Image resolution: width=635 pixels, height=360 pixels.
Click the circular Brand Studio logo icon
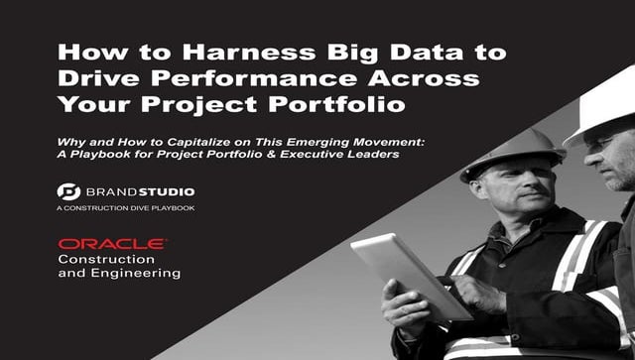coord(67,191)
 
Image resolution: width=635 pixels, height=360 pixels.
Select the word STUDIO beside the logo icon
coord(168,191)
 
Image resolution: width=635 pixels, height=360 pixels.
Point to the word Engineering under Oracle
coord(120,273)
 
